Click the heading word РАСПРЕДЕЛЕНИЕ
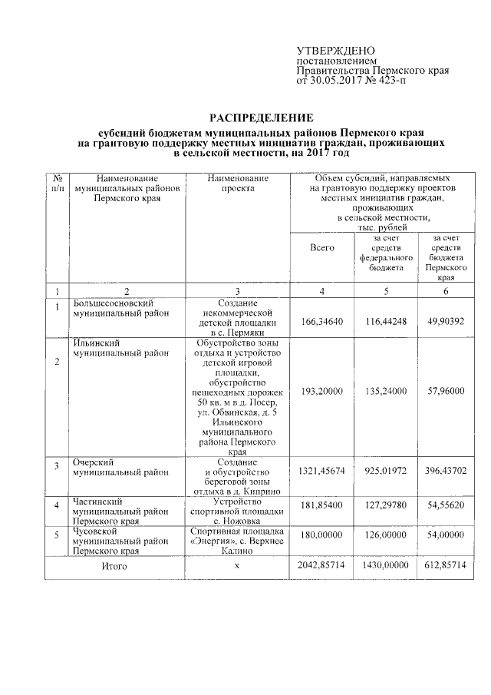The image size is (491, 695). click(x=262, y=117)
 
